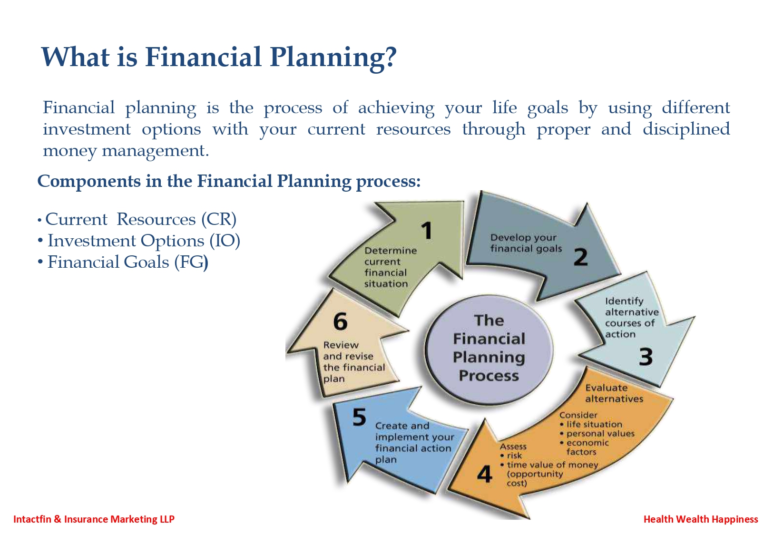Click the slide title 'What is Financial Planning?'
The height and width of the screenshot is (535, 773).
(x=219, y=57)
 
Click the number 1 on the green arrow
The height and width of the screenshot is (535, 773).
(x=427, y=231)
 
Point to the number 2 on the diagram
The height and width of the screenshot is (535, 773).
(x=580, y=257)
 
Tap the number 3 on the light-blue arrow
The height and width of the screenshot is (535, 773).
(x=646, y=357)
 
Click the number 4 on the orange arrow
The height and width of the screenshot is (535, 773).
(x=485, y=474)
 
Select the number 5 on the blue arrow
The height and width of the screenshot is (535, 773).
(x=359, y=417)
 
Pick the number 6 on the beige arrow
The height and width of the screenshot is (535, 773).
(x=340, y=321)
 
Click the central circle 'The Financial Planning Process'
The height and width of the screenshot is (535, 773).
(x=489, y=349)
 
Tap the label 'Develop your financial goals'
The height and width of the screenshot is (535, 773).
(x=526, y=243)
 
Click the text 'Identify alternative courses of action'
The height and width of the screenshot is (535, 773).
(x=632, y=318)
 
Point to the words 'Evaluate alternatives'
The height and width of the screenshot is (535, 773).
(x=614, y=393)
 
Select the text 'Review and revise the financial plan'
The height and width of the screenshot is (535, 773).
(x=354, y=362)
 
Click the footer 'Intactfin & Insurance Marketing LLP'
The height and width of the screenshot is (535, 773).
(x=94, y=519)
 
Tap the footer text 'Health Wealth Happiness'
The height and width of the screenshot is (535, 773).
(x=701, y=519)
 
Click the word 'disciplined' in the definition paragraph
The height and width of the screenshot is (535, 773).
(x=686, y=129)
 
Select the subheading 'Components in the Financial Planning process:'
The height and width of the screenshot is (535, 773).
(x=229, y=182)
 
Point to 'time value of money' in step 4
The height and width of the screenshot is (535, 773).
(x=552, y=465)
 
